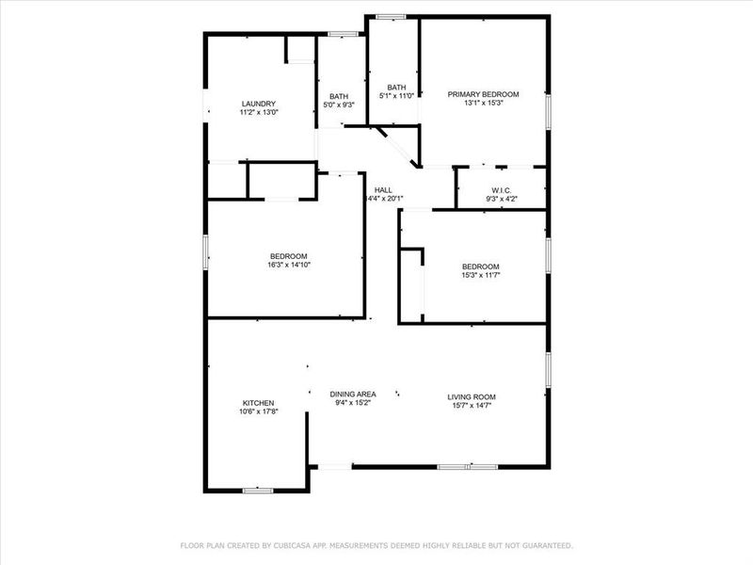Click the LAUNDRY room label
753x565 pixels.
(258, 104)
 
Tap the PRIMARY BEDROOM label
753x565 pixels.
(483, 94)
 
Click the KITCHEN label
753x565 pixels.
(258, 403)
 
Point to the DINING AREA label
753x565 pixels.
(353, 395)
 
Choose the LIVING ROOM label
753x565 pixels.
(472, 396)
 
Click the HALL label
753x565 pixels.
(383, 189)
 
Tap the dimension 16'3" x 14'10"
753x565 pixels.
(288, 265)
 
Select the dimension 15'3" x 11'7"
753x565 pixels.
(480, 275)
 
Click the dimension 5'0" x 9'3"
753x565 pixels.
(339, 105)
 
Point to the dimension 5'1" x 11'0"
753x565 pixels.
(396, 96)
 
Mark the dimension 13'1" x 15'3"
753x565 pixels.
(483, 103)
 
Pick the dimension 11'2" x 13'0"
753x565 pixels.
(258, 112)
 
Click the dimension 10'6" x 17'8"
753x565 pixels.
(258, 412)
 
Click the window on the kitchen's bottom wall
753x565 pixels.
(257, 490)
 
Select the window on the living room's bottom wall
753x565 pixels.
(468, 466)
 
